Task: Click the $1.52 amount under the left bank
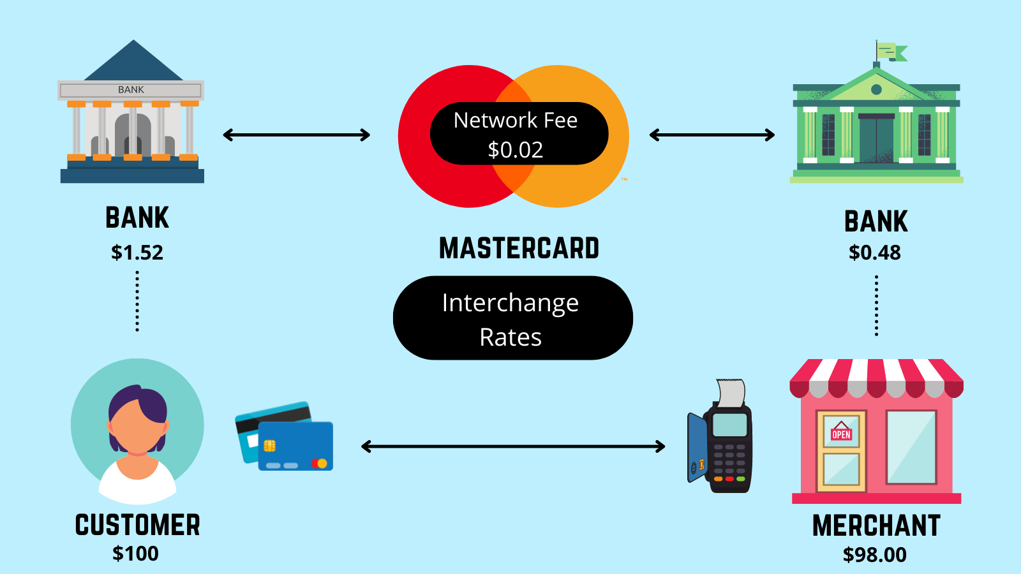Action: pos(137,253)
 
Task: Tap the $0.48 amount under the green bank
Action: pos(875,253)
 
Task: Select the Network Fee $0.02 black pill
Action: pos(518,134)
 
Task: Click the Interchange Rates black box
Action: pos(512,318)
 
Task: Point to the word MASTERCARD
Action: pos(519,248)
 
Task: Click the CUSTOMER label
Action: pos(137,525)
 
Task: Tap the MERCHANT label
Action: pos(876,526)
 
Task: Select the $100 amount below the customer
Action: pos(135,554)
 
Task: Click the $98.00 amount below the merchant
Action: pos(875,555)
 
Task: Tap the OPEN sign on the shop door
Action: pos(841,434)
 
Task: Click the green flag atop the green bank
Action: pos(891,51)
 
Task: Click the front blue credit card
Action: pos(295,446)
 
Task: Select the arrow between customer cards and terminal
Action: pos(512,446)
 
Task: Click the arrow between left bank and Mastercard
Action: pos(297,135)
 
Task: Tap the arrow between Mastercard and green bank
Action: pos(712,135)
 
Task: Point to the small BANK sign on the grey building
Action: pos(131,90)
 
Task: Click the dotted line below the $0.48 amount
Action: pos(876,306)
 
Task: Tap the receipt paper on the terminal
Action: pos(731,393)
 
